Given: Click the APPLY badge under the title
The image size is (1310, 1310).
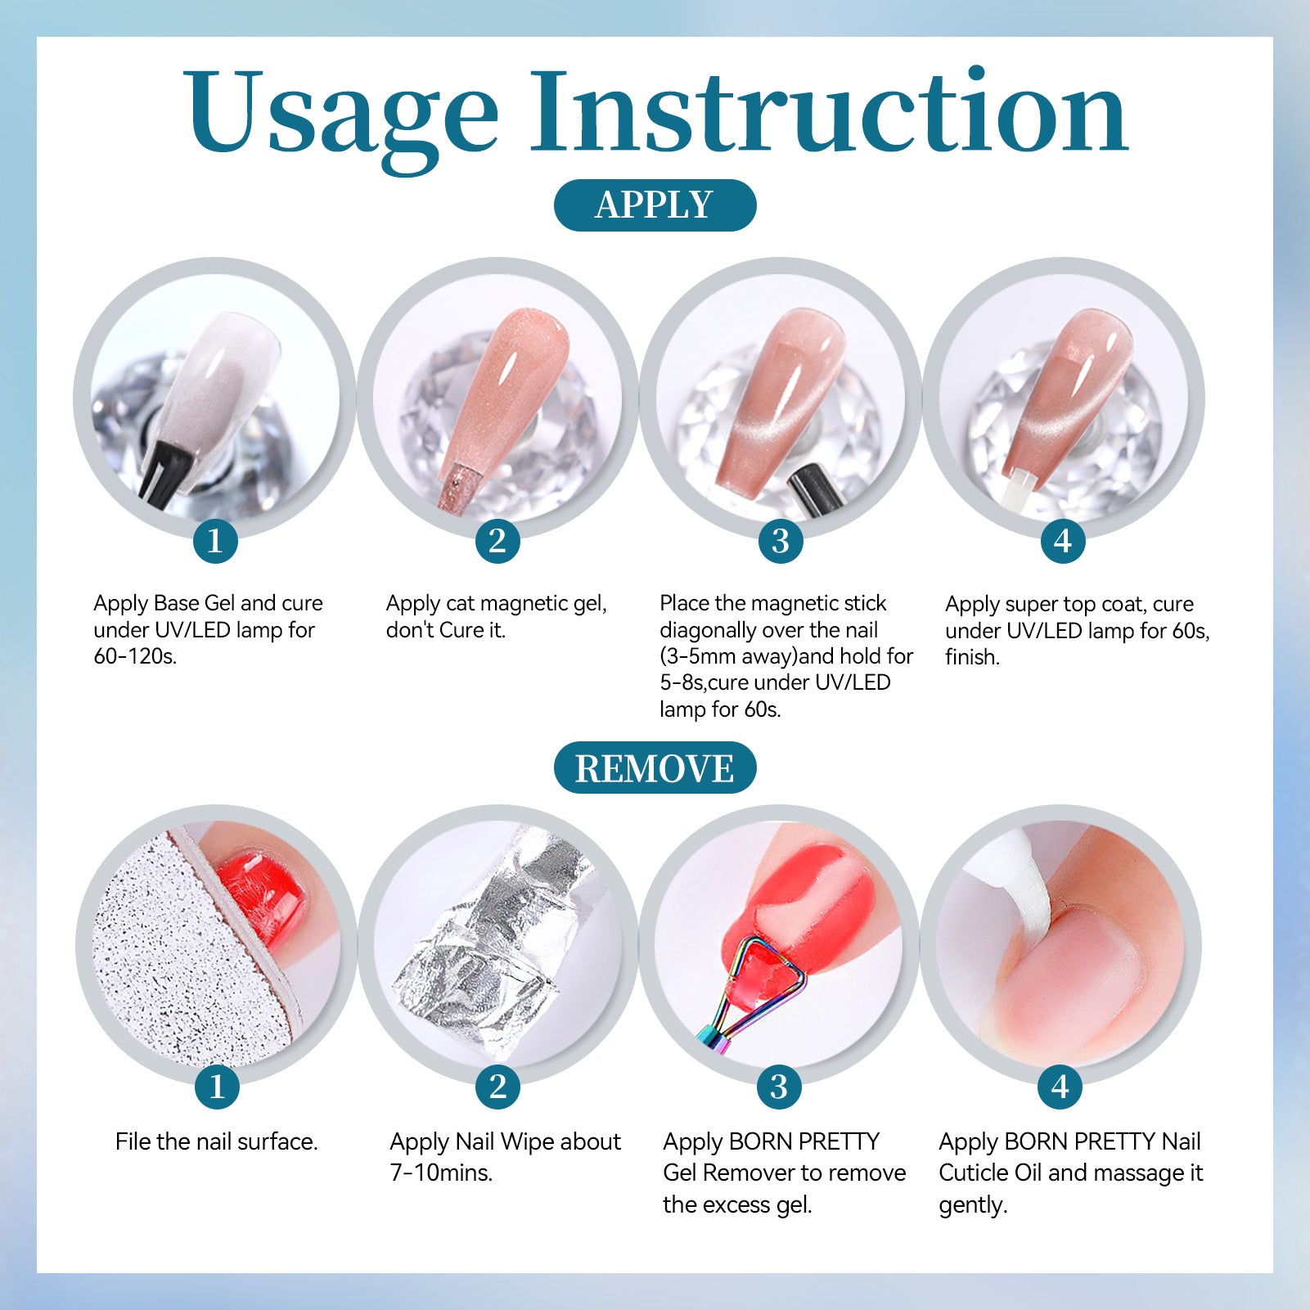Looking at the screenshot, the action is pos(655,205).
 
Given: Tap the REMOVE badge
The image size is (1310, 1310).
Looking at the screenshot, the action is pos(655,768).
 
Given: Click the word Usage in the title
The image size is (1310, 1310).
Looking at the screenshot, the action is pos(340,114).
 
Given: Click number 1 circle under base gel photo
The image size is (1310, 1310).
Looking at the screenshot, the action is pos(215,541).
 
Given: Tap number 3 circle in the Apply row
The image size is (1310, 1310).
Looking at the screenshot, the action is pos(781,541).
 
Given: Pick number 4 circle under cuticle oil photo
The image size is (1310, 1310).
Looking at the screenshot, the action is pos(1060,1087).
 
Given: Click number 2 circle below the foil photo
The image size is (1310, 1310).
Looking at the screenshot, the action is pos(497,1087).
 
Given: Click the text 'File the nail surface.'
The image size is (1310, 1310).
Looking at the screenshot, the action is pos(216,1141).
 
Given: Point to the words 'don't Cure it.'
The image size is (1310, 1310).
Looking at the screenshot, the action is pos(446,630).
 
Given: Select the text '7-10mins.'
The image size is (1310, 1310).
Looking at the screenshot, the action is pos(441,1173).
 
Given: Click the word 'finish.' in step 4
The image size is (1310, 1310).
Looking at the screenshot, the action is pos(972,657).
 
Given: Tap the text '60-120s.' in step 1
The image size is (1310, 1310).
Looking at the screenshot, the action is pos(135,656).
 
